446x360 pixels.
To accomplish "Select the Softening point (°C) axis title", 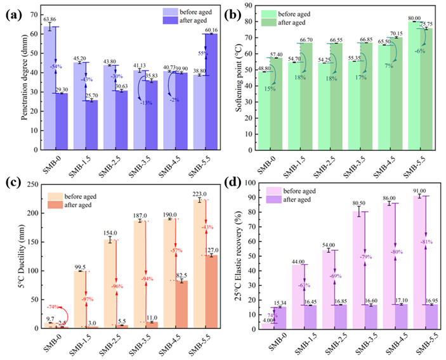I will pyautogui.click(x=236, y=82).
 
